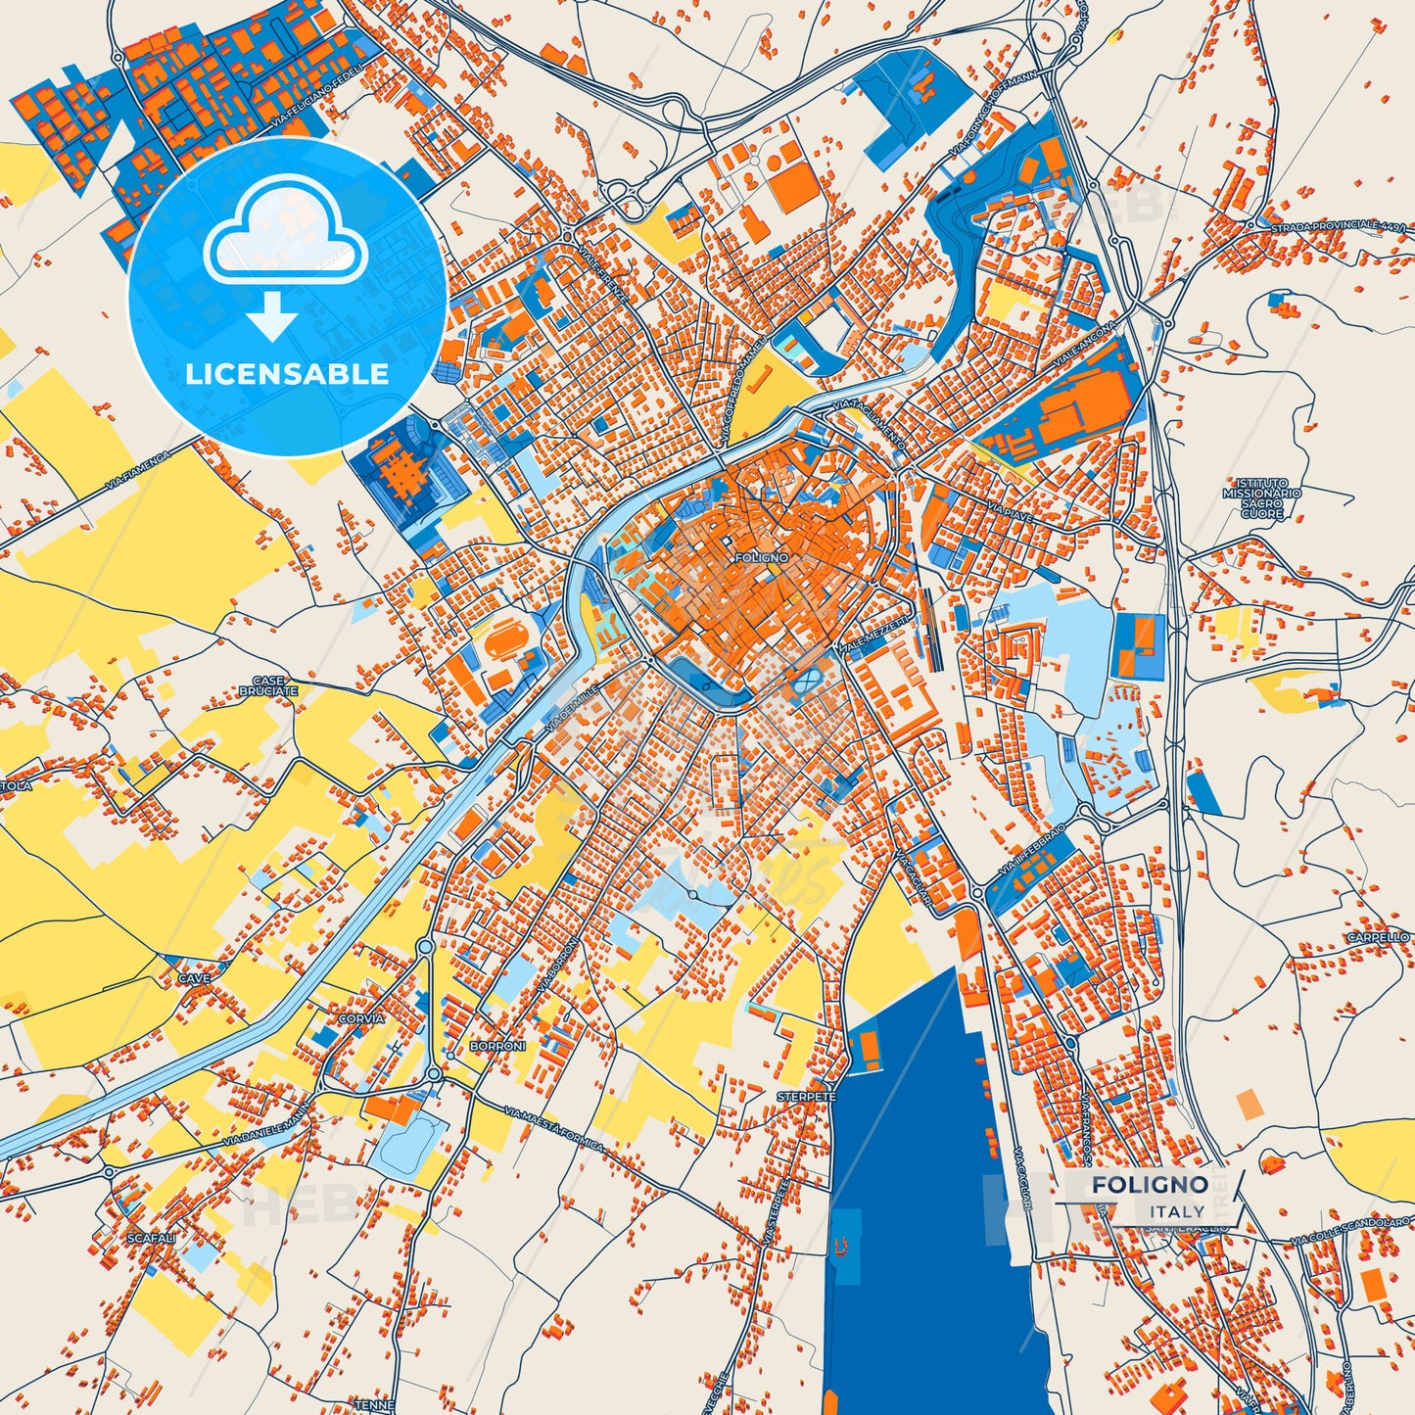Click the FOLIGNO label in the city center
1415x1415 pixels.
point(759,557)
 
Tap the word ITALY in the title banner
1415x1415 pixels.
point(1178,1211)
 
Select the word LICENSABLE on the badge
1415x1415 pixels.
point(287,374)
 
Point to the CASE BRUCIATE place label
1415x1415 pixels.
point(267,685)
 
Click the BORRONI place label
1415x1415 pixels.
point(497,1046)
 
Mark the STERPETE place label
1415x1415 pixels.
point(807,1098)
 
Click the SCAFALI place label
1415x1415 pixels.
point(151,1238)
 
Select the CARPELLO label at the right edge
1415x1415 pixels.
point(1378,937)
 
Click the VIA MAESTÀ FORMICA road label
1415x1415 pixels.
point(555,1128)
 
